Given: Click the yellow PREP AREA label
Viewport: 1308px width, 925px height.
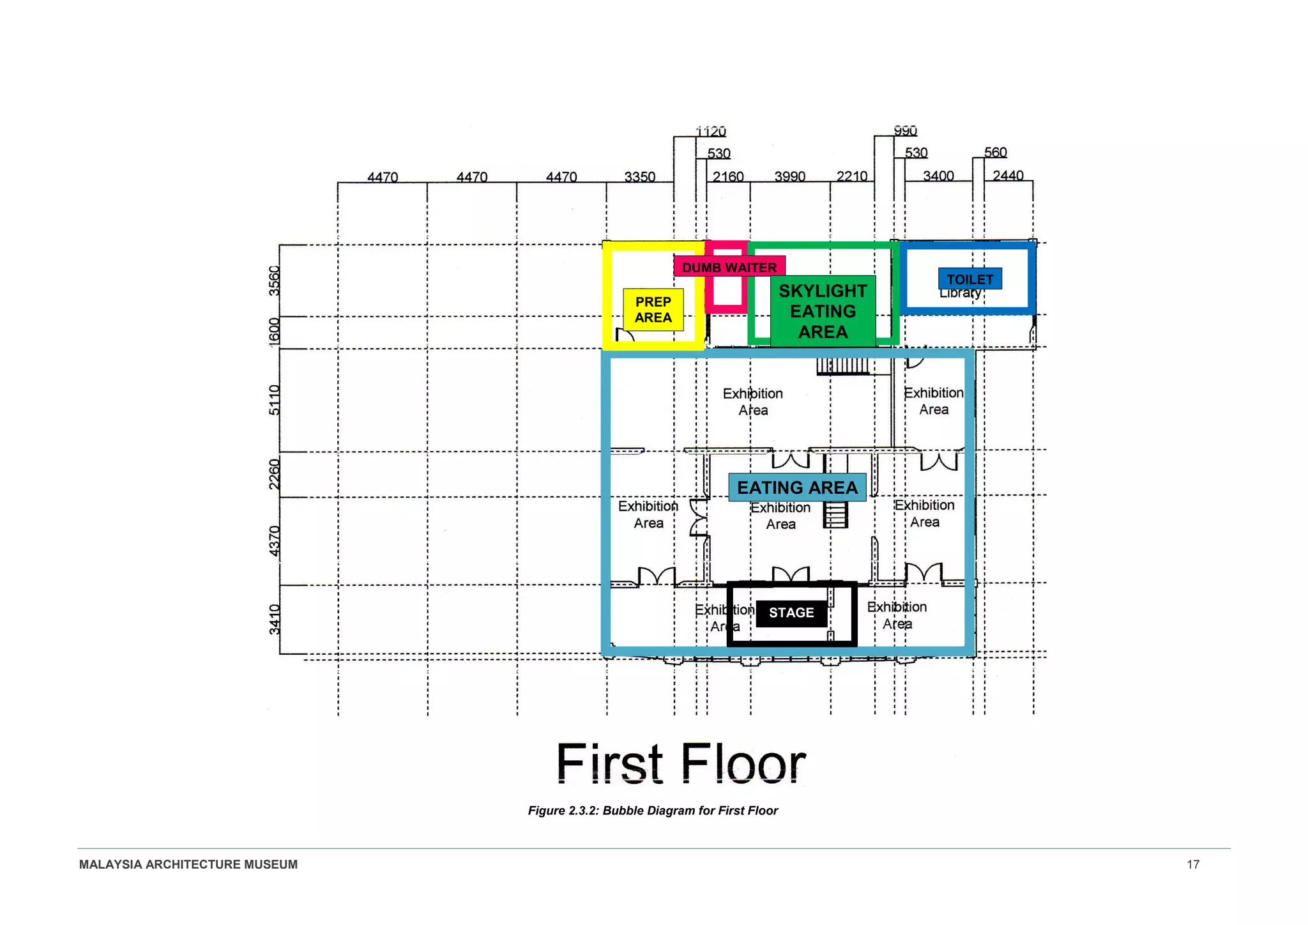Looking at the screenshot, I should click(x=653, y=310).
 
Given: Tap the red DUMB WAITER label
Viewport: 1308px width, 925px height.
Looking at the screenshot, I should click(x=729, y=267).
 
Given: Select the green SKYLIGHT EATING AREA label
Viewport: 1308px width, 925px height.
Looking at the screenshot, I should click(x=823, y=311).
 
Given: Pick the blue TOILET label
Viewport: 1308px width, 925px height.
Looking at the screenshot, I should click(x=970, y=279).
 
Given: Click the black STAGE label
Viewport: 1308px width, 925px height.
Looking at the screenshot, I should click(x=791, y=613).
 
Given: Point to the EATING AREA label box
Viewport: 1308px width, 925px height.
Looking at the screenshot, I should click(x=797, y=487).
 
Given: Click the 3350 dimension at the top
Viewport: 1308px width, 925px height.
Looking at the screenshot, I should click(x=639, y=176).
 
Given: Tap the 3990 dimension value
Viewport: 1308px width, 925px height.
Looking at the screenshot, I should click(x=789, y=176).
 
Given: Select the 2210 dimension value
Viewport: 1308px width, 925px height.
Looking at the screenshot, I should click(x=851, y=176).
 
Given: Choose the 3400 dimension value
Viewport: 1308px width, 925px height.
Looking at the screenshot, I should click(x=938, y=176).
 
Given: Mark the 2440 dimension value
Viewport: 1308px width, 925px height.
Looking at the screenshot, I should click(x=1008, y=175).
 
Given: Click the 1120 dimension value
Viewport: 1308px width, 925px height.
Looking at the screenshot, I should click(x=710, y=132).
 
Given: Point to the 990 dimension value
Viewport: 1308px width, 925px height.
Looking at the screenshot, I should click(x=905, y=131).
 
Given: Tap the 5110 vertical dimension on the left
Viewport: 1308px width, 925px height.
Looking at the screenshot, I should click(x=274, y=400).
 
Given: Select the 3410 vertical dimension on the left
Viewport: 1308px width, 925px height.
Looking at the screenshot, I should click(x=274, y=619).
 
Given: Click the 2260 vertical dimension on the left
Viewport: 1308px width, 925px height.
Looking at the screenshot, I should click(x=274, y=474).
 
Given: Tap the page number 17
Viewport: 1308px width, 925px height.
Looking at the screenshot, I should click(x=1192, y=864).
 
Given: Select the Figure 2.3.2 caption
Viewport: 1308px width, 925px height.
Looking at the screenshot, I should click(x=653, y=811).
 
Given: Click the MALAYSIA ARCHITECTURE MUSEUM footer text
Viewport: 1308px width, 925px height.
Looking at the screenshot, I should click(x=188, y=864).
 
